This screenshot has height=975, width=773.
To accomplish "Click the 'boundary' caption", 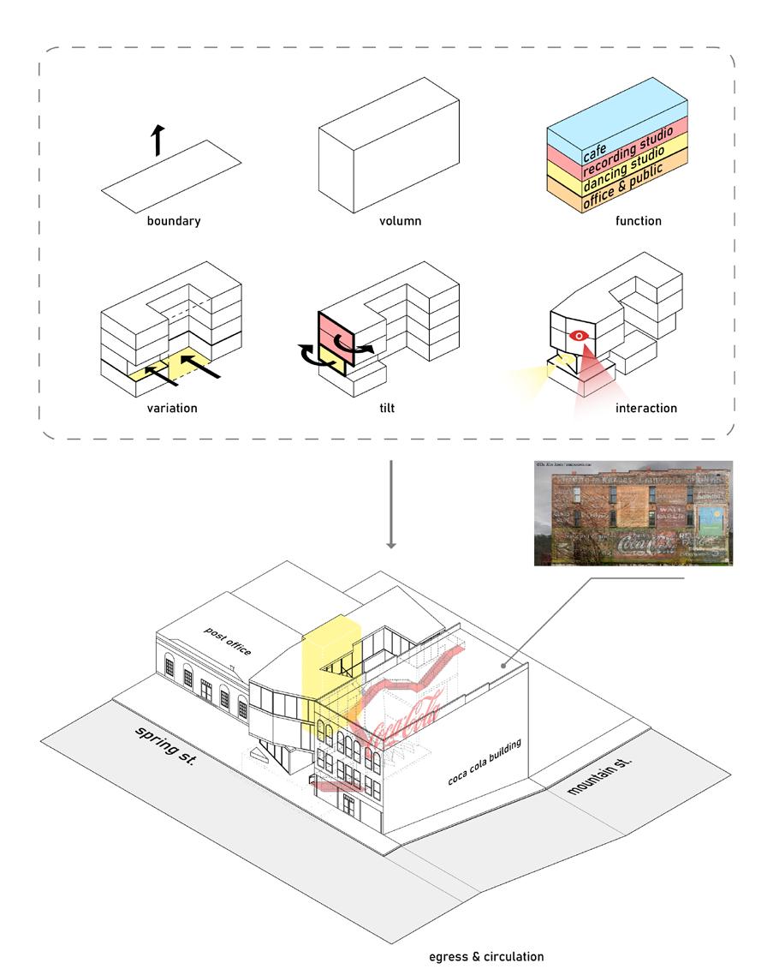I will pyautogui.click(x=173, y=221).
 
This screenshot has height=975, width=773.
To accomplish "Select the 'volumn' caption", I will pyautogui.click(x=400, y=221).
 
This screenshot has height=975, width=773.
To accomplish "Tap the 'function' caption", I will pyautogui.click(x=638, y=221).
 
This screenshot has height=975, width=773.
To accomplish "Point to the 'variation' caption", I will pyautogui.click(x=171, y=408).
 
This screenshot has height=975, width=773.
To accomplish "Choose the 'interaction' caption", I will pyautogui.click(x=645, y=408).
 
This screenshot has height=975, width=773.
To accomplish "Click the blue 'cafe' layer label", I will pyautogui.click(x=596, y=154).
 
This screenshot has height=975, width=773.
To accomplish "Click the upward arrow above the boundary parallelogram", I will pyautogui.click(x=158, y=139).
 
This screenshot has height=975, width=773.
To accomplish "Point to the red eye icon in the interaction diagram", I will pyautogui.click(x=580, y=336).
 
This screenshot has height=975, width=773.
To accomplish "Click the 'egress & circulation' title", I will pyautogui.click(x=486, y=956).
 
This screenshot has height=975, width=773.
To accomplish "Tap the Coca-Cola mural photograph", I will pyautogui.click(x=633, y=513).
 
